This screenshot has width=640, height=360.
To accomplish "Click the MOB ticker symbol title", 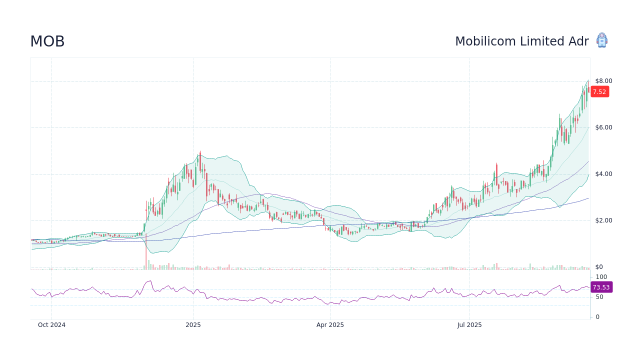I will pyautogui.click(x=47, y=41).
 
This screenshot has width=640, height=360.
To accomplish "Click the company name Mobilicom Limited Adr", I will pyautogui.click(x=521, y=41).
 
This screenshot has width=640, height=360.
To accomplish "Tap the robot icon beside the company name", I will pyautogui.click(x=602, y=40).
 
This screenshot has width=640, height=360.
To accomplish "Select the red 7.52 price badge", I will pyautogui.click(x=599, y=91).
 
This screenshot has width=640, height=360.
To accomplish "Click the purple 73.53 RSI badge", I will pyautogui.click(x=601, y=287).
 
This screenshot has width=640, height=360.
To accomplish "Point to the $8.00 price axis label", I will pyautogui.click(x=603, y=81).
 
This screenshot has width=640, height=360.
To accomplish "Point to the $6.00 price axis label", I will pyautogui.click(x=603, y=127).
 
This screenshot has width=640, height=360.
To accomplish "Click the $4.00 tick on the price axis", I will pyautogui.click(x=603, y=174).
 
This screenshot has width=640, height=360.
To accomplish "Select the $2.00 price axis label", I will pyautogui.click(x=603, y=220).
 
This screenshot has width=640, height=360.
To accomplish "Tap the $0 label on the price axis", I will pyautogui.click(x=599, y=267).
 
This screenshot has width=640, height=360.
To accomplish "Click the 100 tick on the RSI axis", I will pyautogui.click(x=601, y=277).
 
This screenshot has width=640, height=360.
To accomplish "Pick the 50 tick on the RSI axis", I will pyautogui.click(x=599, y=297).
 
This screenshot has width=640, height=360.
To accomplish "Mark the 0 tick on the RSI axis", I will pyautogui.click(x=597, y=317).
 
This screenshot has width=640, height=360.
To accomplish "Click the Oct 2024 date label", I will pyautogui.click(x=51, y=325).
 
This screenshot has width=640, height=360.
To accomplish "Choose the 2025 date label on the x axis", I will pyautogui.click(x=193, y=325).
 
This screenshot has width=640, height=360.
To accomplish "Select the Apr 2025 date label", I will pyautogui.click(x=330, y=325).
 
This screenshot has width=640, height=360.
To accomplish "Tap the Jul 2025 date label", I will pyautogui.click(x=469, y=325).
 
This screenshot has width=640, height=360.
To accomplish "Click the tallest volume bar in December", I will pyautogui.click(x=146, y=252).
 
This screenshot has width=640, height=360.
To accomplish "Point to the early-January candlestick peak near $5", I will pyautogui.click(x=200, y=152).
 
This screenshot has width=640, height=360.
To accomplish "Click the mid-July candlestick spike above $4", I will pyautogui.click(x=496, y=164).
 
